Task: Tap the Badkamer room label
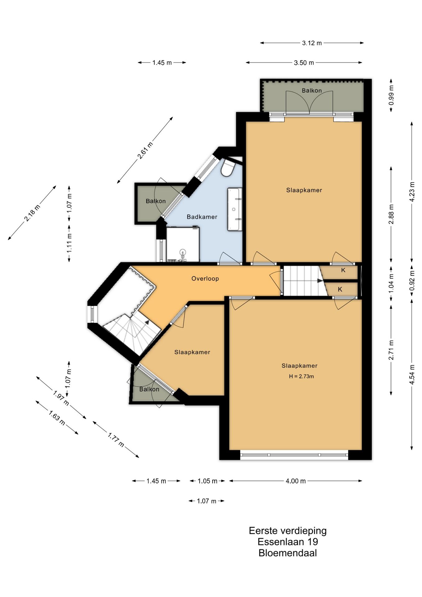[202, 217]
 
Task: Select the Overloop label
[205, 279]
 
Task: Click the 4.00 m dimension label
[296, 481]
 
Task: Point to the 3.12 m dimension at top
[312, 43]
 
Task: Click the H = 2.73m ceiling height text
[301, 376]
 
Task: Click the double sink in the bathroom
[235, 209]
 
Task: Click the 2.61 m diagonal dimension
[145, 150]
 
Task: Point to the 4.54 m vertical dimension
[412, 375]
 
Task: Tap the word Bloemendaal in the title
[287, 553]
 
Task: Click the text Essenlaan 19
[288, 542]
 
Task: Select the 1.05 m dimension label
[207, 481]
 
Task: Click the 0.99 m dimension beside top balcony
[391, 95]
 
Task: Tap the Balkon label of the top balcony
[312, 90]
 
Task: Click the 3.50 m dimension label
[304, 63]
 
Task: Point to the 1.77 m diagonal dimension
[116, 440]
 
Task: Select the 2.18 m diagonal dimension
[32, 213]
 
